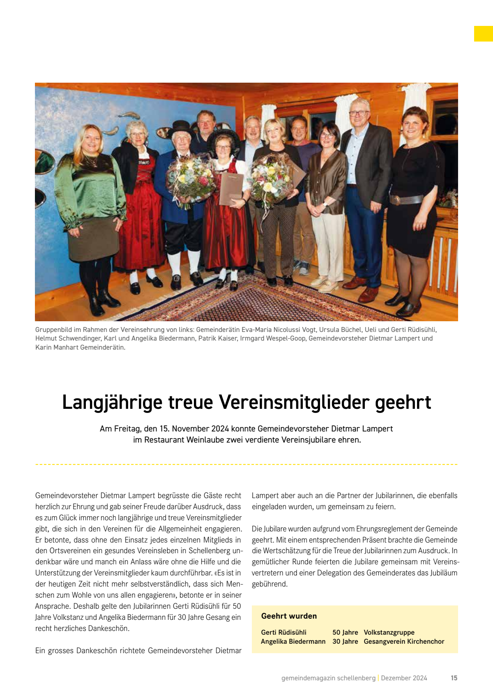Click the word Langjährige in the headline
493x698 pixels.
click(112, 403)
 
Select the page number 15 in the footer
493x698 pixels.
click(454, 678)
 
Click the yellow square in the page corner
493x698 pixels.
click(483, 34)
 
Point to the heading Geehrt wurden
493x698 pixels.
click(289, 616)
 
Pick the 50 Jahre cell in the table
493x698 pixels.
click(345, 632)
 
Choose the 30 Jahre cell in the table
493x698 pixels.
click(345, 641)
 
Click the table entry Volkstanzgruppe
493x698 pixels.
click(389, 632)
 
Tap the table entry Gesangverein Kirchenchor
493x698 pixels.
click(404, 641)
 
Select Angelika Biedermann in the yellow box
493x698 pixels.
click(293, 641)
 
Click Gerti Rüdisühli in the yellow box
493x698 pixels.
click(283, 632)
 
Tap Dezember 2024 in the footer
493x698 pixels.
click(404, 678)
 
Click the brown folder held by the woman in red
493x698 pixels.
click(231, 188)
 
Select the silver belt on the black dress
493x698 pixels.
click(407, 200)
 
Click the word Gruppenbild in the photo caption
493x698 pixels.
click(53, 329)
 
